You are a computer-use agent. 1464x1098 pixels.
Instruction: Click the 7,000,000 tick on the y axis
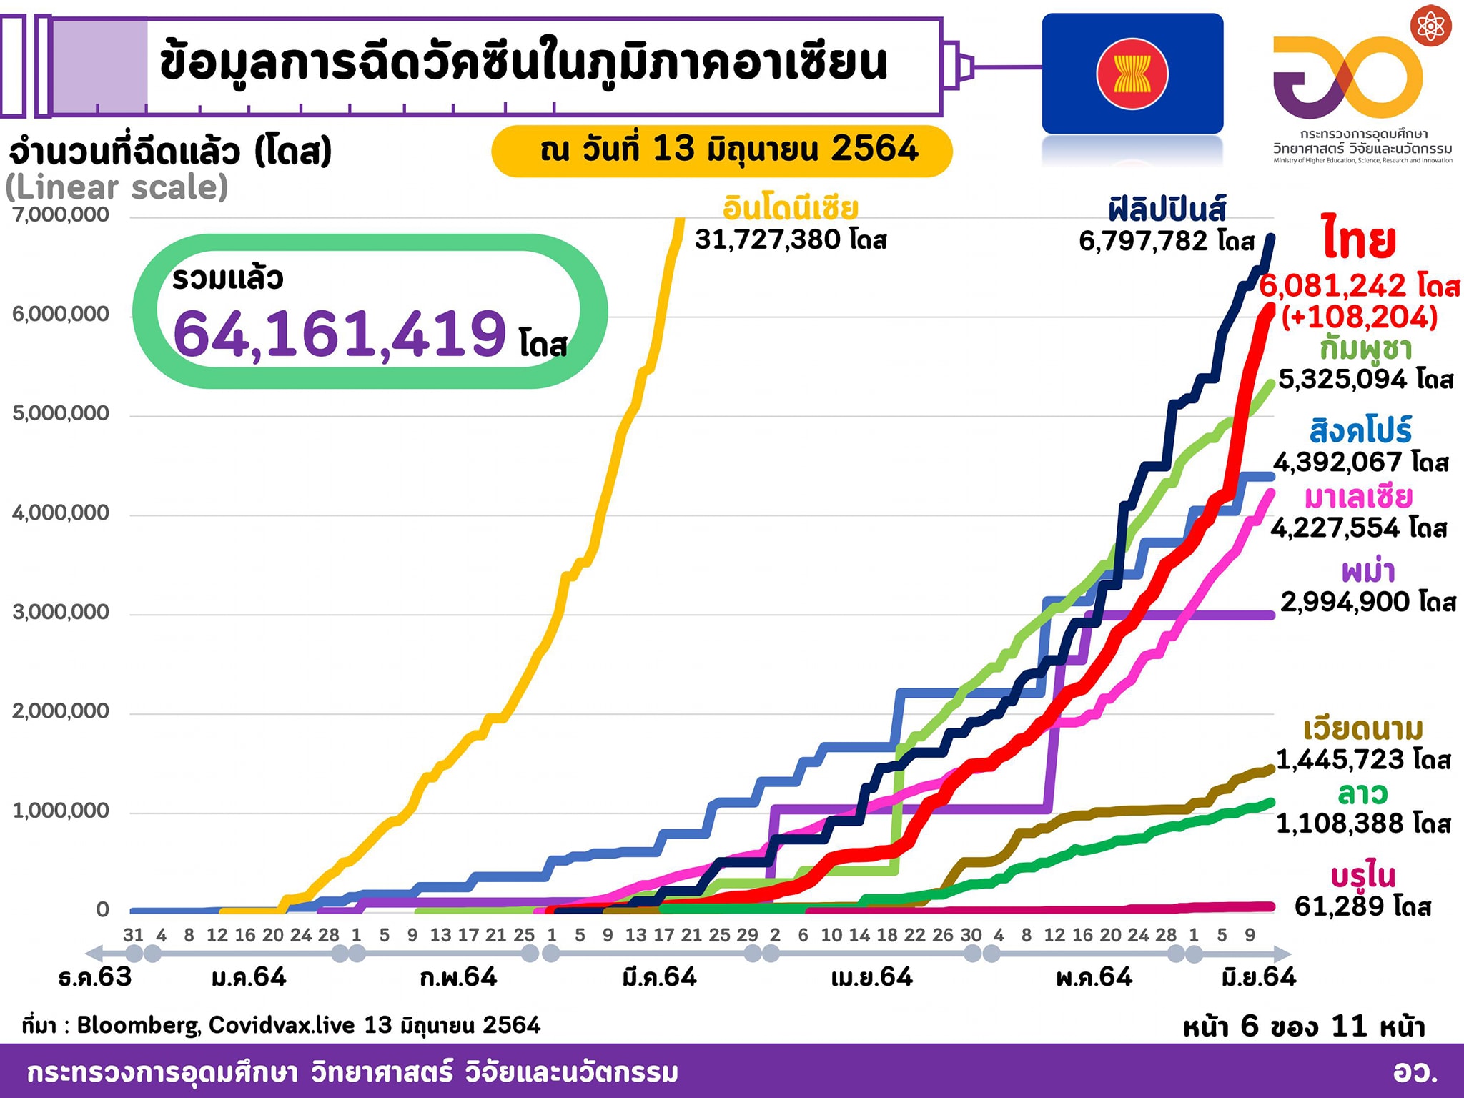(x=61, y=214)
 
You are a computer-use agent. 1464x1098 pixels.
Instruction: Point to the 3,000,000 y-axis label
(x=61, y=612)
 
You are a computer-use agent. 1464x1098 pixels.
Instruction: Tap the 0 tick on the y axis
(x=103, y=909)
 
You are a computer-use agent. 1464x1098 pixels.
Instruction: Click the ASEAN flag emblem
(x=1132, y=74)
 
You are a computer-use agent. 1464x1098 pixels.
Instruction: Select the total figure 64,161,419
(x=340, y=333)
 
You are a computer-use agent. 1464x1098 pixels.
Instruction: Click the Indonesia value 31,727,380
(x=769, y=240)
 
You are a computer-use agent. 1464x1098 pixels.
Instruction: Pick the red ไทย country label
(x=1359, y=240)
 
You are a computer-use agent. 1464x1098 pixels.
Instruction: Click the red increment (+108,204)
(x=1359, y=317)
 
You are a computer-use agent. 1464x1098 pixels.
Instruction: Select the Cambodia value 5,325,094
(x=1342, y=379)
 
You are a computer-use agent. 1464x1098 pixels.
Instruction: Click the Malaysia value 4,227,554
(x=1335, y=528)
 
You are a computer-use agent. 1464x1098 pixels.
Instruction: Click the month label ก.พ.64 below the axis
(x=458, y=977)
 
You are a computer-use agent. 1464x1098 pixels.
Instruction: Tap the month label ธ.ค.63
(x=95, y=977)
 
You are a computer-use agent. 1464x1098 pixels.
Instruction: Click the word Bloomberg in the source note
(x=138, y=1026)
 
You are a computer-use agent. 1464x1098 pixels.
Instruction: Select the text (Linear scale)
(x=117, y=188)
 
